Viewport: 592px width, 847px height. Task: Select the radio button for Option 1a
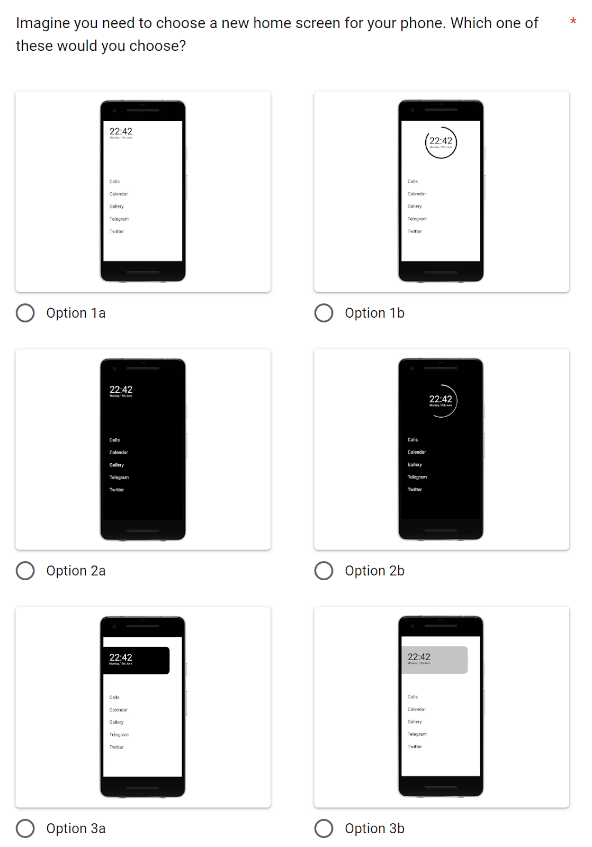(x=25, y=313)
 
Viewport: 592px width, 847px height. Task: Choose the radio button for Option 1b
(x=324, y=313)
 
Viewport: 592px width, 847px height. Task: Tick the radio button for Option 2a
(x=25, y=571)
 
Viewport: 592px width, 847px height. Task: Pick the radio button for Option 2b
(x=324, y=571)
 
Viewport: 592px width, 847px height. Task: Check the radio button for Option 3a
(x=25, y=828)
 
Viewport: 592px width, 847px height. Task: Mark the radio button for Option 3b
(x=324, y=828)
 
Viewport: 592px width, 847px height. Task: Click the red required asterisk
(x=573, y=22)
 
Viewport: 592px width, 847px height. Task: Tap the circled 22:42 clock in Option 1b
(x=441, y=142)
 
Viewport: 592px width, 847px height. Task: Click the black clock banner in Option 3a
(x=136, y=660)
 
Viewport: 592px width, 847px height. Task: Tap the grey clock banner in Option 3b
(x=434, y=660)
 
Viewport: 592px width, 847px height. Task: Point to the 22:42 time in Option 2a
(x=121, y=390)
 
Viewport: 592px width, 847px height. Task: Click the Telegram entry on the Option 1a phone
(x=119, y=219)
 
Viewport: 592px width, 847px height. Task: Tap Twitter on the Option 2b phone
(x=415, y=490)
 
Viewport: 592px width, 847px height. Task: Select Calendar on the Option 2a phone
(x=119, y=453)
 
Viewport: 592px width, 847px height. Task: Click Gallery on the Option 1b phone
(x=415, y=206)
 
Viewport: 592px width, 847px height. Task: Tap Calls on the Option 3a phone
(x=114, y=698)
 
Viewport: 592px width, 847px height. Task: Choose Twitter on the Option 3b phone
(x=415, y=747)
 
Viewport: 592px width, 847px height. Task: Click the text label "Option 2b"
(x=374, y=571)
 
